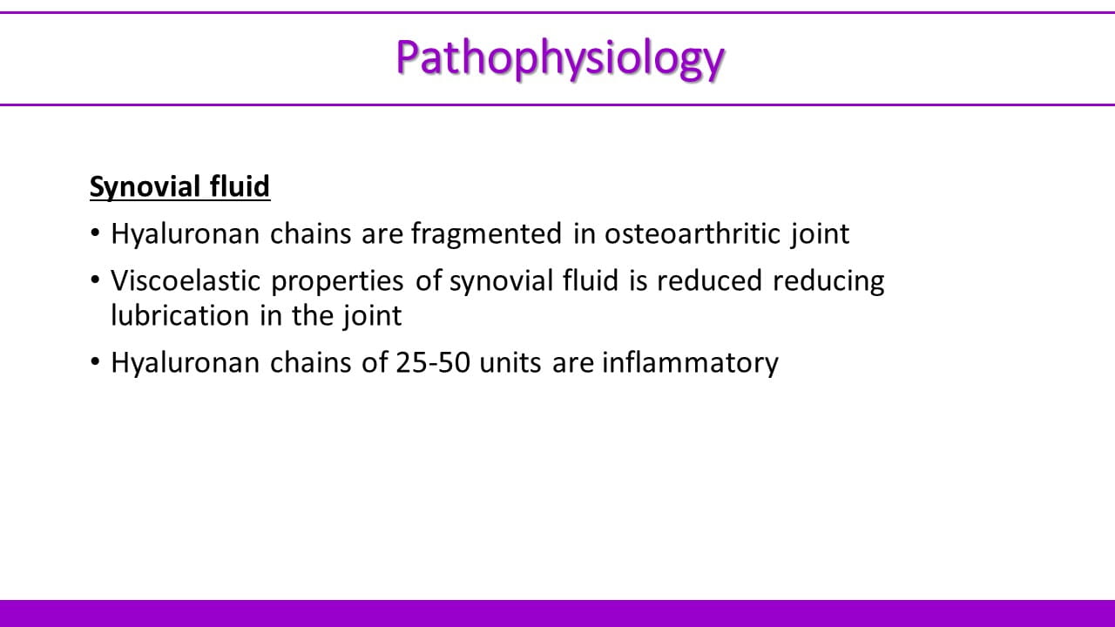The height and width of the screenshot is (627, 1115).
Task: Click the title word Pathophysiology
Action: [560, 58]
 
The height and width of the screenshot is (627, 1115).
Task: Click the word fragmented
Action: [486, 234]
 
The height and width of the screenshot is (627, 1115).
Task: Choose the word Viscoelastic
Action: [186, 280]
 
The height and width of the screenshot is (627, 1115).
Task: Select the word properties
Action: [337, 281]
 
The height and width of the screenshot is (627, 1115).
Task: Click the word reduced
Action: [710, 280]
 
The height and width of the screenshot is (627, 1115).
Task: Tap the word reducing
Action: [828, 281]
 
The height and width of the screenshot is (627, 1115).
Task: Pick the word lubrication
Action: [179, 315]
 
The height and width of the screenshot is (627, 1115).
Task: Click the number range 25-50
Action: [433, 362]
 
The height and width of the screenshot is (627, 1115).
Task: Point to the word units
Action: [510, 362]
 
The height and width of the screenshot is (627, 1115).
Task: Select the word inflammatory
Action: [690, 363]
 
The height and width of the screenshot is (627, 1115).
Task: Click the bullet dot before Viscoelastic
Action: [95, 280]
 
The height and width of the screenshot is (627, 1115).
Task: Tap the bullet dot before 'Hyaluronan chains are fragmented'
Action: [95, 233]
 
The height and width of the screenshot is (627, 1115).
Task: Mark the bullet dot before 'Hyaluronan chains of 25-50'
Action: [95, 361]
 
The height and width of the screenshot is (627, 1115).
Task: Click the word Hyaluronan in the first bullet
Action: [186, 234]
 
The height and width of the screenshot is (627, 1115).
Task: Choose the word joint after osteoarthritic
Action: [821, 234]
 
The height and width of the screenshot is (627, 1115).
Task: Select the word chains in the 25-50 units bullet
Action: [311, 361]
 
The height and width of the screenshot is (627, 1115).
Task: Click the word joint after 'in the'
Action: [373, 315]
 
